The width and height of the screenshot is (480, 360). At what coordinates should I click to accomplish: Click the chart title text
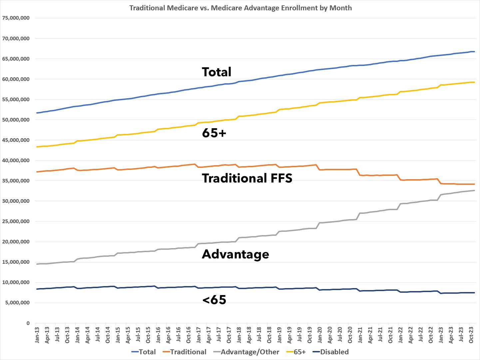tap(240, 8)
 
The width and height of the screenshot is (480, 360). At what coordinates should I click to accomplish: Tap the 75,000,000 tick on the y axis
tap(16, 18)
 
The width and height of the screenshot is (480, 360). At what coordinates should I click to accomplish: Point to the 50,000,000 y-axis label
tap(16, 120)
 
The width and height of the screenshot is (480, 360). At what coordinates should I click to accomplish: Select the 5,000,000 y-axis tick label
tap(17, 303)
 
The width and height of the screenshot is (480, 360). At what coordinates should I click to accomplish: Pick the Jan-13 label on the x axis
tap(37, 334)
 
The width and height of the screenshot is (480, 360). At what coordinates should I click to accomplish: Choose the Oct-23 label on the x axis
tap(471, 334)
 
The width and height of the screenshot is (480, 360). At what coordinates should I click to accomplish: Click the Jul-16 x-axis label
tap(179, 334)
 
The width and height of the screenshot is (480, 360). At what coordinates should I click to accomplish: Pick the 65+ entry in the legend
tap(299, 352)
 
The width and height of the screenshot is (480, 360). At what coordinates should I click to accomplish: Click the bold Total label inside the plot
tap(217, 72)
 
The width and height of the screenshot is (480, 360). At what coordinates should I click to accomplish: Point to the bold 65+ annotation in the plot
tap(214, 133)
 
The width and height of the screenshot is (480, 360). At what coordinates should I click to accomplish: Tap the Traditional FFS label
tap(247, 178)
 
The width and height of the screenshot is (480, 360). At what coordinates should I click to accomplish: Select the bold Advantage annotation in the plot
tap(236, 254)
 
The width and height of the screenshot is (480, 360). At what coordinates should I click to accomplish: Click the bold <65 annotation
tap(214, 300)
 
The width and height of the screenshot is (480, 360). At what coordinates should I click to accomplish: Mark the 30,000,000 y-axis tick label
tap(16, 201)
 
